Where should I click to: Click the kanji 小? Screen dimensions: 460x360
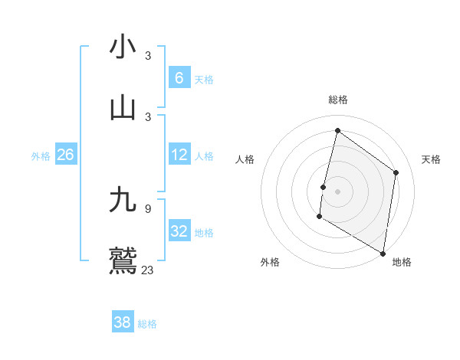pyautogui.click(x=123, y=47)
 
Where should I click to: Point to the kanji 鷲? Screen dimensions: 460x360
pyautogui.click(x=123, y=260)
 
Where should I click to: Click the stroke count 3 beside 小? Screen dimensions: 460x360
pyautogui.click(x=148, y=56)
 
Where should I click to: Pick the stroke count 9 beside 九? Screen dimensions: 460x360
pyautogui.click(x=148, y=208)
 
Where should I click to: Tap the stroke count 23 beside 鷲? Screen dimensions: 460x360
pyautogui.click(x=148, y=270)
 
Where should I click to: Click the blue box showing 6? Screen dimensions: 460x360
pyautogui.click(x=179, y=77)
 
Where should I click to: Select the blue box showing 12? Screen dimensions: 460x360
pyautogui.click(x=179, y=155)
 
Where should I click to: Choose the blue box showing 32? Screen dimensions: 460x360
pyautogui.click(x=179, y=231)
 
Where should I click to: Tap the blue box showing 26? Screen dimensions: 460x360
pyautogui.click(x=65, y=155)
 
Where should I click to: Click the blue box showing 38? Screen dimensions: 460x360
pyautogui.click(x=123, y=322)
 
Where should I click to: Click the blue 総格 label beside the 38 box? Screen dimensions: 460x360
pyautogui.click(x=147, y=324)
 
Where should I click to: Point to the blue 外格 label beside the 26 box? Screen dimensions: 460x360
pyautogui.click(x=41, y=156)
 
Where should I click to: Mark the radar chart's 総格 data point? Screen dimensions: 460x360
pyautogui.click(x=337, y=130)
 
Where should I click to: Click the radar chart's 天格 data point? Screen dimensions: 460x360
pyautogui.click(x=396, y=172)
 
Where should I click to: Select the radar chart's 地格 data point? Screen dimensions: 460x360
pyautogui.click(x=383, y=253)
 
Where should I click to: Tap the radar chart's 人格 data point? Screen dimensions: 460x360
pyautogui.click(x=323, y=187)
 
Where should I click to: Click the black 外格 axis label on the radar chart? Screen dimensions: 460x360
pyautogui.click(x=270, y=263)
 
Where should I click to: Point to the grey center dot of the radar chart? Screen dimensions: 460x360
pyautogui.click(x=337, y=191)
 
